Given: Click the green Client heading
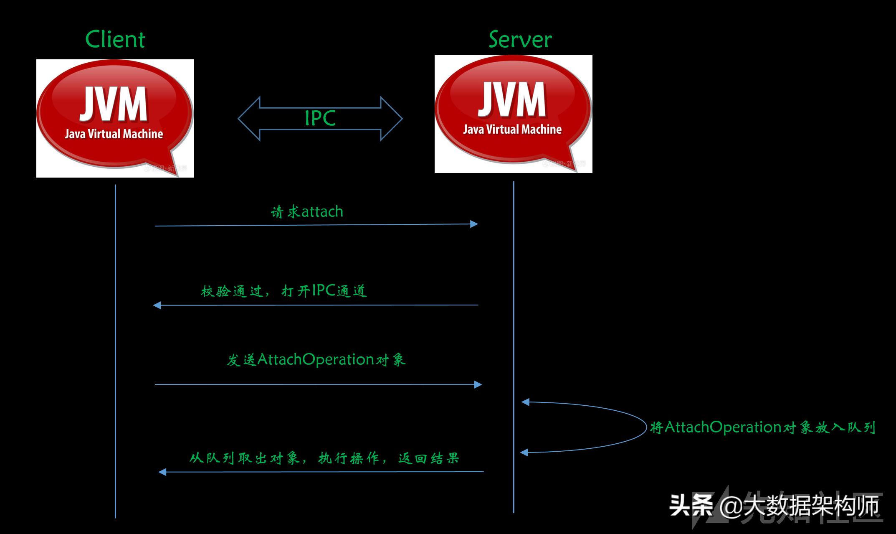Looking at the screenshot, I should tap(115, 40).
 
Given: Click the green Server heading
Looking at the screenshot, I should tap(520, 40).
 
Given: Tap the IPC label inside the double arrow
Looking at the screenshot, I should tap(320, 118).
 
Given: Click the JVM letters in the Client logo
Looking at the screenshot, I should tap(114, 104).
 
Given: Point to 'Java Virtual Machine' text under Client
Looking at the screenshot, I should tap(114, 134).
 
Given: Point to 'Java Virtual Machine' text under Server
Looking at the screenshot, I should tap(512, 130).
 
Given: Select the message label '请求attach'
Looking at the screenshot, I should tap(307, 212).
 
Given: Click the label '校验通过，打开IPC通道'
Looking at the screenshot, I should tap(284, 291).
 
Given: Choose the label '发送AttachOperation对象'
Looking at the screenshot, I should tap(316, 360).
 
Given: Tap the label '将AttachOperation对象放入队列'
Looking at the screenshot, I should tap(762, 427).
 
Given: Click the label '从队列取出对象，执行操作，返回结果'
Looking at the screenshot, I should tap(324, 458).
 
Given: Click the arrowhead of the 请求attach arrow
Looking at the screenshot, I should tap(474, 224).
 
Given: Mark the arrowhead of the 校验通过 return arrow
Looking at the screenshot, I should tap(157, 305).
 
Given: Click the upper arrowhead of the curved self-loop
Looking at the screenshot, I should tap(525, 402).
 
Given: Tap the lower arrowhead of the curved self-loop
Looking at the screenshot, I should tap(524, 452).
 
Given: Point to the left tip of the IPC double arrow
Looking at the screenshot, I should tap(239, 119).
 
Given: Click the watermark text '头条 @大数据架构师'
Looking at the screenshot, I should tap(775, 506).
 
